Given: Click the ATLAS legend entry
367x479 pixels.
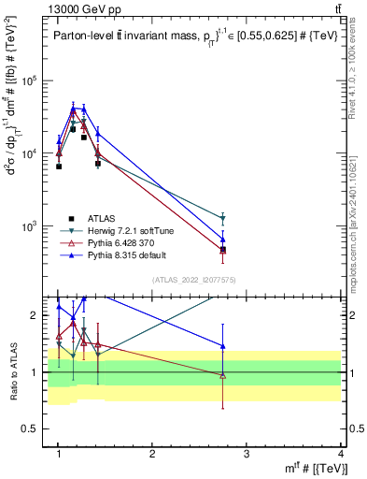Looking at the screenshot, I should (x=97, y=218).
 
